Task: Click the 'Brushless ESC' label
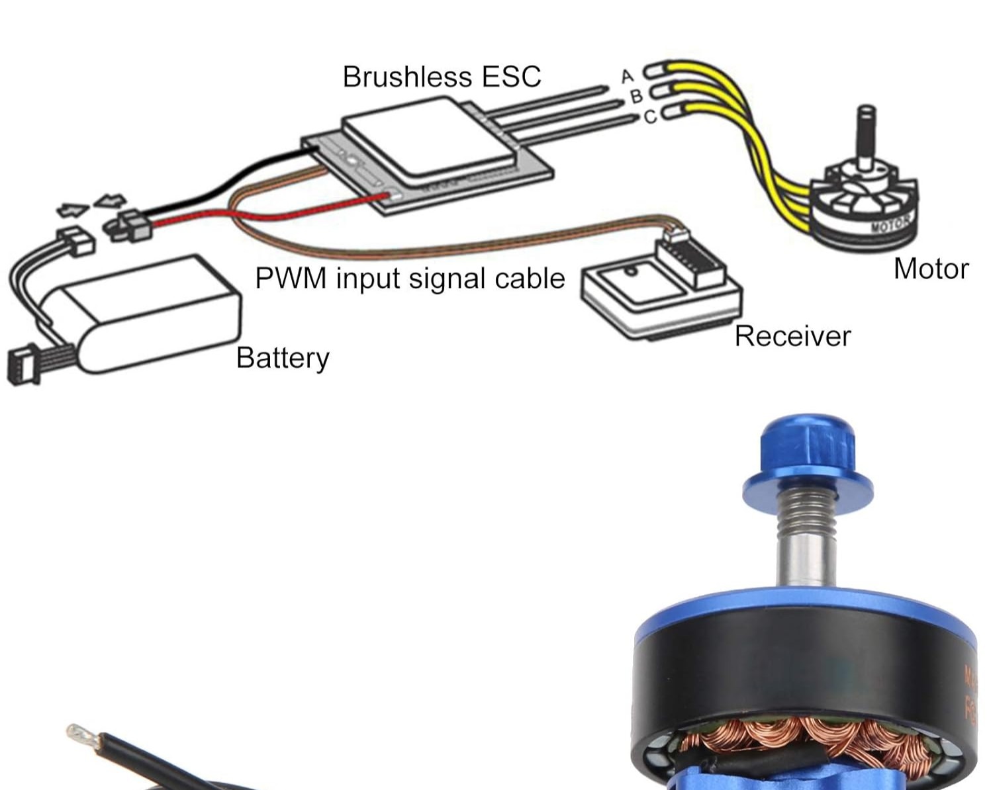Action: [x=442, y=77]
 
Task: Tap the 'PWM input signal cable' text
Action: [x=410, y=279]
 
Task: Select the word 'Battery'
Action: [x=283, y=358]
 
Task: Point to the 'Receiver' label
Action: [x=792, y=336]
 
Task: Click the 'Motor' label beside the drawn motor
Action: [x=931, y=269]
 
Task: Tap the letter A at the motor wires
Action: [x=628, y=77]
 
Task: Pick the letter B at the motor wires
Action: [x=636, y=97]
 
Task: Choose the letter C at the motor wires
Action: [x=650, y=116]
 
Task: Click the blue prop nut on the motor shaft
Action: [x=807, y=457]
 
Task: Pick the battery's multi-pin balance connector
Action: [x=23, y=366]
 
